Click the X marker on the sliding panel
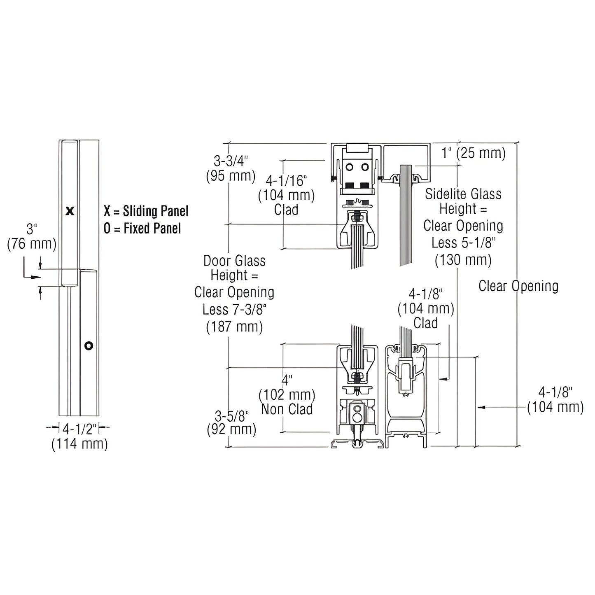tap(70, 211)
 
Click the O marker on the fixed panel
tap(89, 345)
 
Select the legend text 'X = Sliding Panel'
tap(146, 211)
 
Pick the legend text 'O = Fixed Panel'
tap(142, 228)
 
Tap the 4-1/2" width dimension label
tap(79, 429)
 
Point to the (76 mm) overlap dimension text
tap(32, 244)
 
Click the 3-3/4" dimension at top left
tap(231, 161)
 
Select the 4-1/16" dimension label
tap(286, 180)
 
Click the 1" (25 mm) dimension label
tap(473, 153)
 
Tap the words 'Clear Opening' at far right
tap(518, 286)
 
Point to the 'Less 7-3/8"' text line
tap(234, 310)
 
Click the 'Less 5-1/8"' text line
tap(463, 243)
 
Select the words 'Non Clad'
tap(287, 409)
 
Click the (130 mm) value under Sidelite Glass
tap(463, 260)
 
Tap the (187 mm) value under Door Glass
tap(234, 327)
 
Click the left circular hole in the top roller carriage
tap(350, 167)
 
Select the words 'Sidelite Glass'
tap(463, 194)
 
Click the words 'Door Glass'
tap(234, 261)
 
